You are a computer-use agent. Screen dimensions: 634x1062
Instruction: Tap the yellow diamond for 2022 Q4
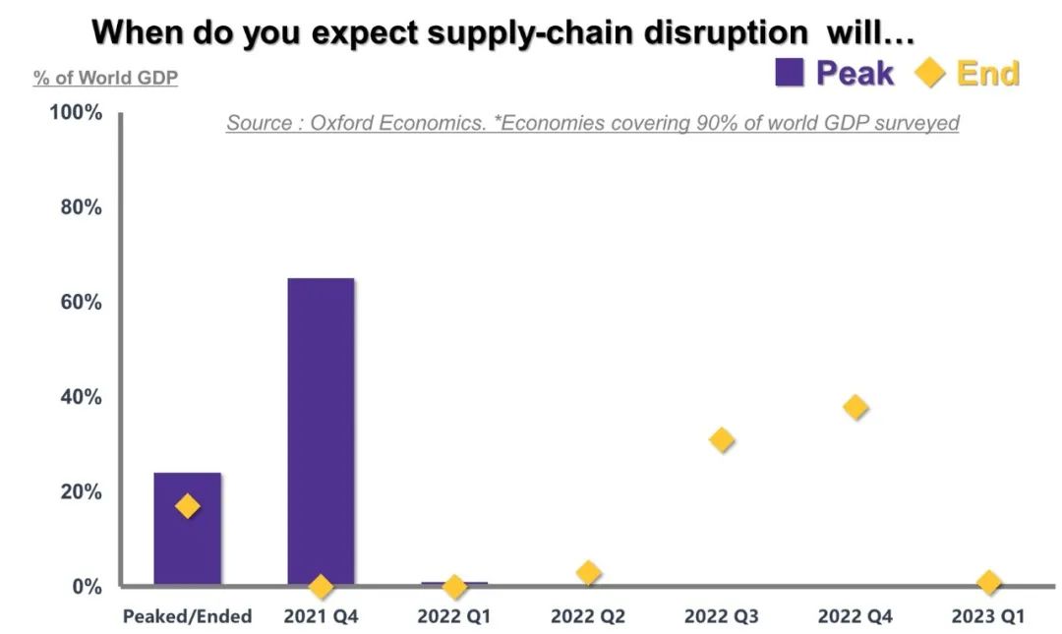(x=855, y=407)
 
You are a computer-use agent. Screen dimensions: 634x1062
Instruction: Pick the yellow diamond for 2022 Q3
(x=722, y=439)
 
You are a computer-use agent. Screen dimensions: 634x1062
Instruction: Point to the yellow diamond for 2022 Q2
(x=588, y=573)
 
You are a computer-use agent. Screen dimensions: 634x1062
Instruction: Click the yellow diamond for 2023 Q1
(x=989, y=583)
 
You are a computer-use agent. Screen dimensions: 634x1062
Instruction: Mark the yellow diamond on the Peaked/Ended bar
(x=188, y=506)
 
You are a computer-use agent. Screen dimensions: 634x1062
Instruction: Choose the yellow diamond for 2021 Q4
(x=321, y=587)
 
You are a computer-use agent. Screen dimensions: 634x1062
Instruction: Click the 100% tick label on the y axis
(x=77, y=112)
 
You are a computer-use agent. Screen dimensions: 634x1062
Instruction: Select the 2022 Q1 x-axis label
(x=454, y=616)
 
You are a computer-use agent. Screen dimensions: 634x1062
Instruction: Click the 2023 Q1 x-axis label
(x=989, y=616)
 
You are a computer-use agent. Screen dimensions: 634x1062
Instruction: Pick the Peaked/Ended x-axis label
(x=188, y=616)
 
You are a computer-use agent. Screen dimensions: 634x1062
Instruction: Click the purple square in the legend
(x=790, y=73)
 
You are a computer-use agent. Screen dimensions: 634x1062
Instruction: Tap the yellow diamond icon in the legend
(x=930, y=73)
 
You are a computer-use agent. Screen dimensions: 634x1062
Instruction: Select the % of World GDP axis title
(x=106, y=78)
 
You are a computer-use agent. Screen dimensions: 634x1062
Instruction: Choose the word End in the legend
(x=988, y=73)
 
